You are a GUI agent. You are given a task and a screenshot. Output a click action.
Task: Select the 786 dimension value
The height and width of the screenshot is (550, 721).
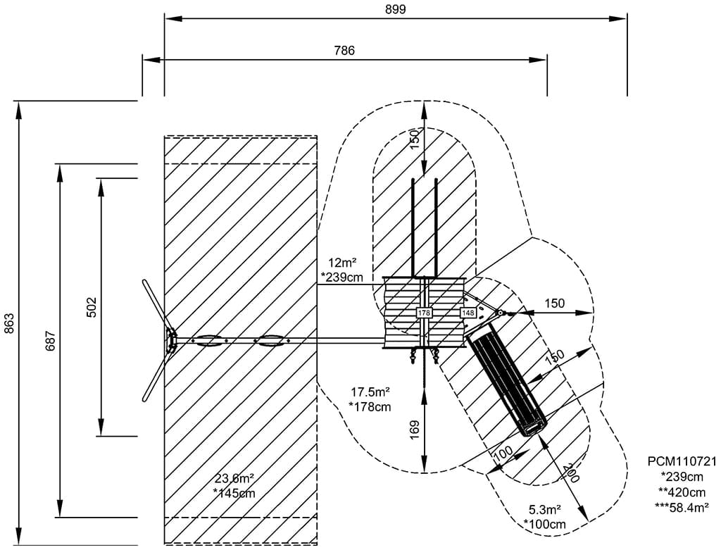tap(344, 50)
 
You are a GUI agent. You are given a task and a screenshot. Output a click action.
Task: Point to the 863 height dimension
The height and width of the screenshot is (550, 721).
tap(8, 323)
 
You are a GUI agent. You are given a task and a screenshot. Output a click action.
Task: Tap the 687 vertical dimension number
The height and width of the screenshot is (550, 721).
tap(49, 340)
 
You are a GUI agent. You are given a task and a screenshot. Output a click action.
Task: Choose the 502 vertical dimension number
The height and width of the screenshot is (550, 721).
tap(91, 307)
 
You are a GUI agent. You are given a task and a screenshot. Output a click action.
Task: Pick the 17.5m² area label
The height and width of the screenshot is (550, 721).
tap(370, 392)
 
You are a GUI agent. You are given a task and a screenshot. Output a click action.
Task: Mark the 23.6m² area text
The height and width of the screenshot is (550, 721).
tap(235, 479)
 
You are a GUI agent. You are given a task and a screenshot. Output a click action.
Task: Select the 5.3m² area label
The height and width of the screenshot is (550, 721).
tap(545, 509)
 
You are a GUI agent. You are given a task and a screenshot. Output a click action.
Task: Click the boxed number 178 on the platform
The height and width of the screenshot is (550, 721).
tap(424, 312)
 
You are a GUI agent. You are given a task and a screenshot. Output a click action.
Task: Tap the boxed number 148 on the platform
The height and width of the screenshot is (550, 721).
tap(468, 312)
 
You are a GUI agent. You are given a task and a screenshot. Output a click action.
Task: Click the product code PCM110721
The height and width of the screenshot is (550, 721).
tap(682, 462)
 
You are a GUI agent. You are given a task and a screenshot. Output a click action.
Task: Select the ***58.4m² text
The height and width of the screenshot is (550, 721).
tap(682, 506)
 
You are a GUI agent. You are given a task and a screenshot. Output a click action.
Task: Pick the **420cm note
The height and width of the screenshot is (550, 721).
tap(682, 492)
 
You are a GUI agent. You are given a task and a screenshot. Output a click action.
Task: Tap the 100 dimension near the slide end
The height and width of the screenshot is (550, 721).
tap(503, 455)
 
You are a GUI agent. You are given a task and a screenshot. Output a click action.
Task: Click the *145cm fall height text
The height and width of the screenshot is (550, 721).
tap(234, 494)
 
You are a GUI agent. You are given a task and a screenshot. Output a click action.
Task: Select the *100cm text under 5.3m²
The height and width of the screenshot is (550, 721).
tap(545, 524)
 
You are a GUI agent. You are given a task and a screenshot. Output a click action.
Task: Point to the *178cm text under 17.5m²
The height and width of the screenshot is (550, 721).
tap(370, 406)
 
